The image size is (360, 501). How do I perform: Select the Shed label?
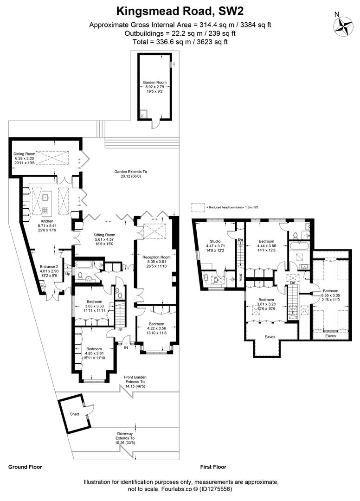(74, 413)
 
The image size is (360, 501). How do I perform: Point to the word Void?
(240, 277)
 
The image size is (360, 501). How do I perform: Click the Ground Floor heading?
(25, 467)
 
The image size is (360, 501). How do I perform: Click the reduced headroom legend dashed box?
(198, 206)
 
